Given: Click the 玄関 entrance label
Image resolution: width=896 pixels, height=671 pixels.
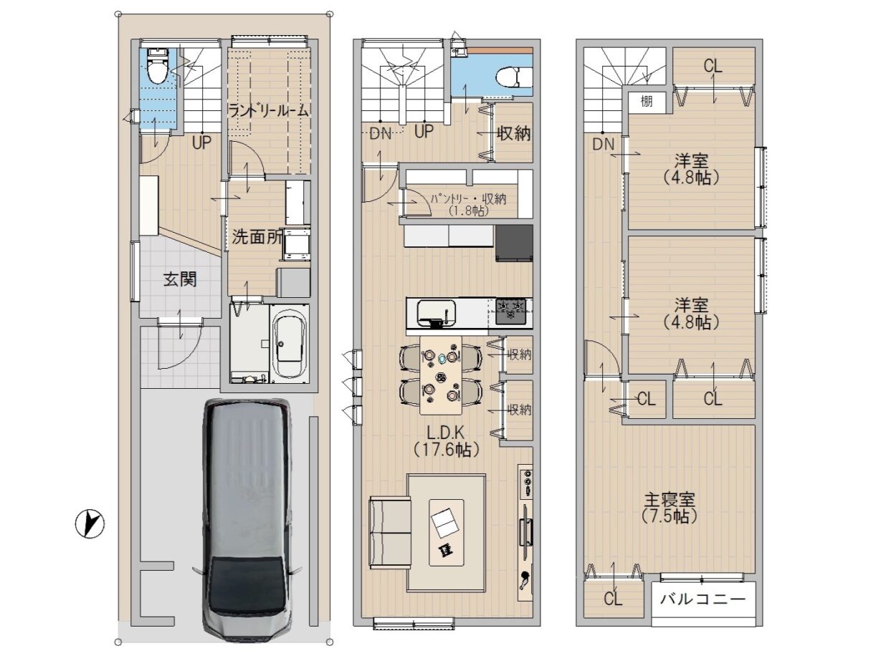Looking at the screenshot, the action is pos(180,280).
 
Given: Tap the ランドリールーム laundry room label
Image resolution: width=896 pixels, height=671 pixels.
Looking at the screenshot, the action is pos(268,111).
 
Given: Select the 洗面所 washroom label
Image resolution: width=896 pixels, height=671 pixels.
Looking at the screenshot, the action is pos(257,237).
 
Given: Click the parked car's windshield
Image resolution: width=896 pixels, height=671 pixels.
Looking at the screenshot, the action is pos(248,575).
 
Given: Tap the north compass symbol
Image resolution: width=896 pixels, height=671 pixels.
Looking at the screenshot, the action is pos(90,524).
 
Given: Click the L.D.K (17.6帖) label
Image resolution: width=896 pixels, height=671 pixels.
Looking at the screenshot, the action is pos(446,441).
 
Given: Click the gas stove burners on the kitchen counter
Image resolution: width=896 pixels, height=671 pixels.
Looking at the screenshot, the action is pos(510,311).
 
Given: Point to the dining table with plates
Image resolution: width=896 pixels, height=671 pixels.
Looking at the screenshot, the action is pos(441,375).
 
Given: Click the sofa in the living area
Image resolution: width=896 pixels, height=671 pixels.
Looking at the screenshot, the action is pos(390,531).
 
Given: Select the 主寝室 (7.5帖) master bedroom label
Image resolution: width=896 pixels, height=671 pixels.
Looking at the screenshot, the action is pos(669,508).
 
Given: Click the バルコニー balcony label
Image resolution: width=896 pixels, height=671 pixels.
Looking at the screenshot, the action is pos(703,599).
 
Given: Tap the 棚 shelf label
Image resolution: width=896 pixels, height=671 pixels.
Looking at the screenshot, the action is pos(646,101).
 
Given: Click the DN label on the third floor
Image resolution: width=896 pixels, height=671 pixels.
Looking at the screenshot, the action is pos(604,144).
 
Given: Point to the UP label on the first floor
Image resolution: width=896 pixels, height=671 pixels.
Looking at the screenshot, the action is pos(201,143).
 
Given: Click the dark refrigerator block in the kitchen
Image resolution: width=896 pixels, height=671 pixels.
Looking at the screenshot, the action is pos(514,243).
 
